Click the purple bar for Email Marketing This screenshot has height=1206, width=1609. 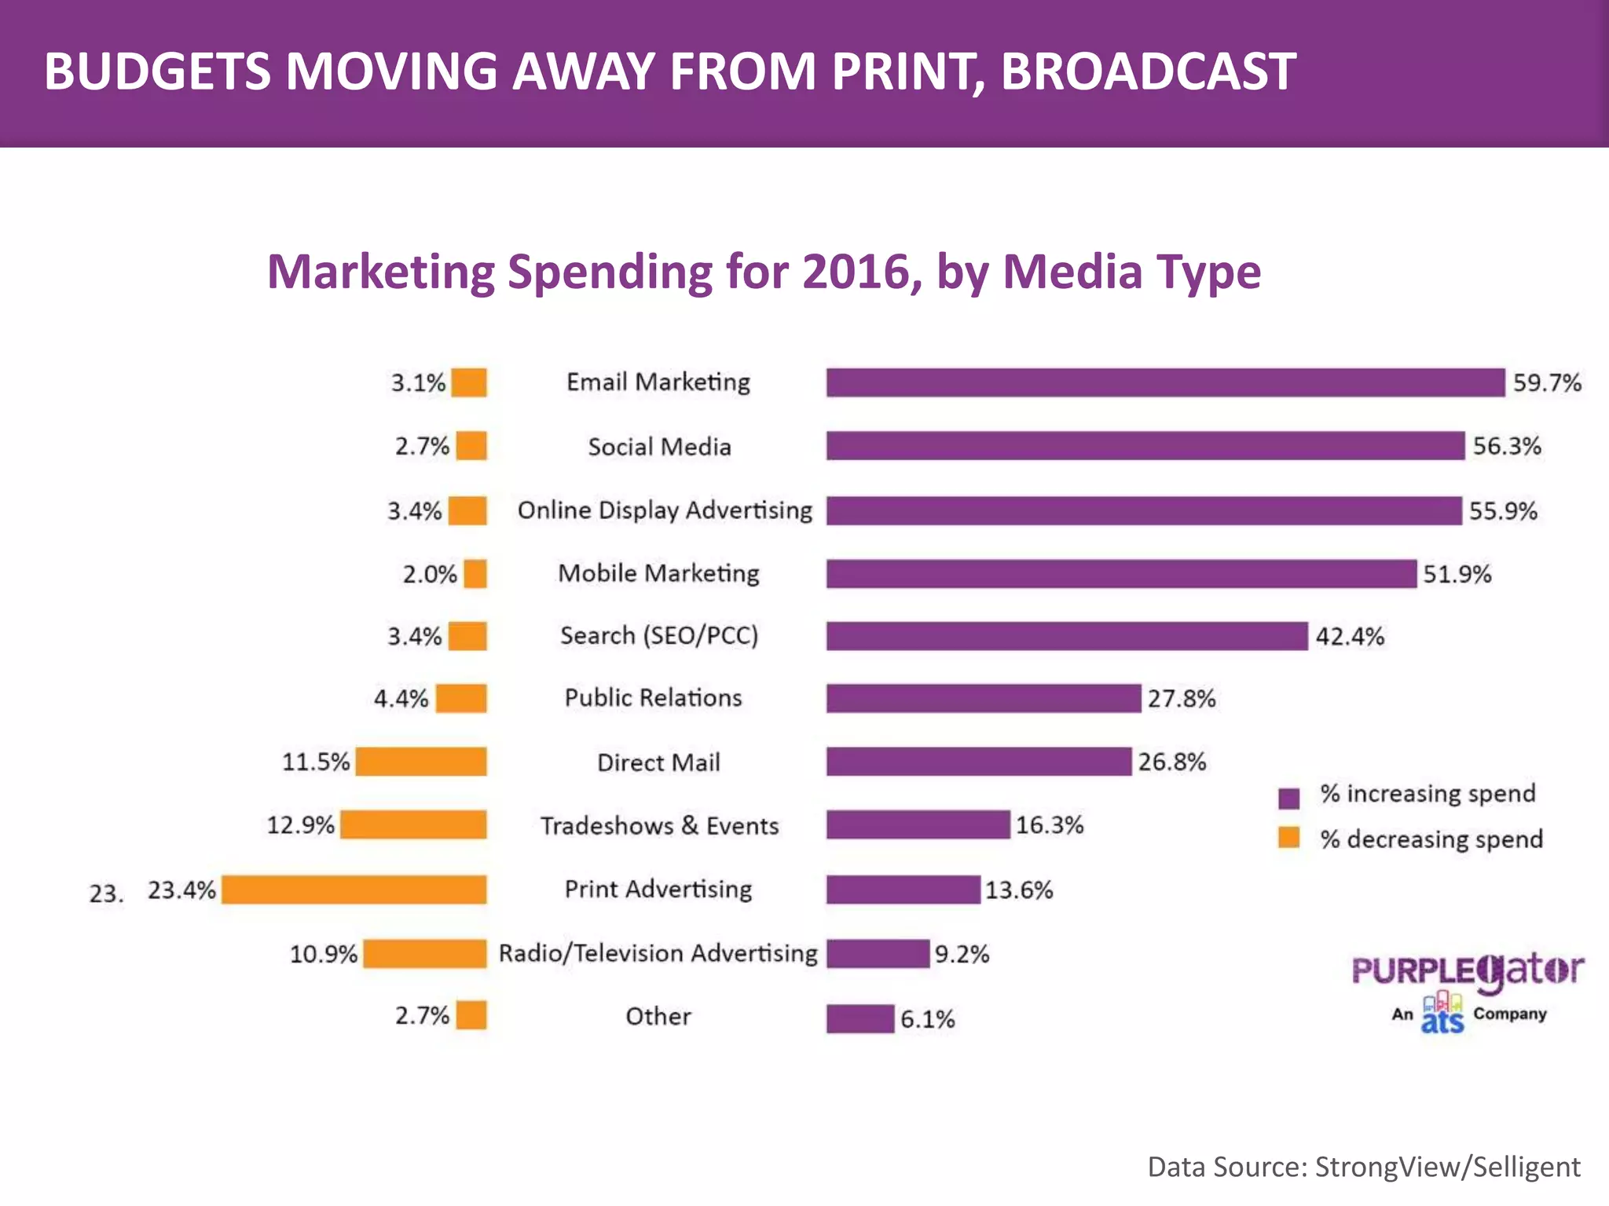pyautogui.click(x=1165, y=382)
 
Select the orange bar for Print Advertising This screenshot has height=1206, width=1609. pyautogui.click(x=354, y=890)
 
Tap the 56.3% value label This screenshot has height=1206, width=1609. pyautogui.click(x=1506, y=446)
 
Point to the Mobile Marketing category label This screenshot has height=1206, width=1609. pyautogui.click(x=658, y=573)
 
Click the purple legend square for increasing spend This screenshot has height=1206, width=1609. pyautogui.click(x=1288, y=798)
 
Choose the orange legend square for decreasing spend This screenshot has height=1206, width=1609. pyautogui.click(x=1288, y=838)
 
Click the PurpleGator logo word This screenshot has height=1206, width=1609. pyautogui.click(x=1467, y=971)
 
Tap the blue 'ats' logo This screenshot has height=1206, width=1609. pyautogui.click(x=1442, y=1014)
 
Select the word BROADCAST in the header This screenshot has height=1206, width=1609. pyautogui.click(x=1148, y=71)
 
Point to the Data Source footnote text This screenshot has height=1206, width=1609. pyautogui.click(x=1363, y=1167)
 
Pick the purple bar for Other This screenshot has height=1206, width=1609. pyautogui.click(x=859, y=1018)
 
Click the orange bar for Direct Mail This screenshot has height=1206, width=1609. pyautogui.click(x=420, y=762)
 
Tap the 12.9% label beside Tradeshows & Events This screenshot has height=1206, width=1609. pyautogui.click(x=300, y=825)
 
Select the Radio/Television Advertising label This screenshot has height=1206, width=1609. pyautogui.click(x=658, y=953)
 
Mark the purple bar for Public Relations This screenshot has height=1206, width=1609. pyautogui.click(x=983, y=698)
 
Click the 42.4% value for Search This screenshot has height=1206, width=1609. pyautogui.click(x=1349, y=636)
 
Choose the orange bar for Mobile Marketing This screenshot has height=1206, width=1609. pyautogui.click(x=475, y=573)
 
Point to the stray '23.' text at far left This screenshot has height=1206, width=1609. pyautogui.click(x=106, y=894)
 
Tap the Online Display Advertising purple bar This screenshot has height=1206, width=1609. pyautogui.click(x=1143, y=510)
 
